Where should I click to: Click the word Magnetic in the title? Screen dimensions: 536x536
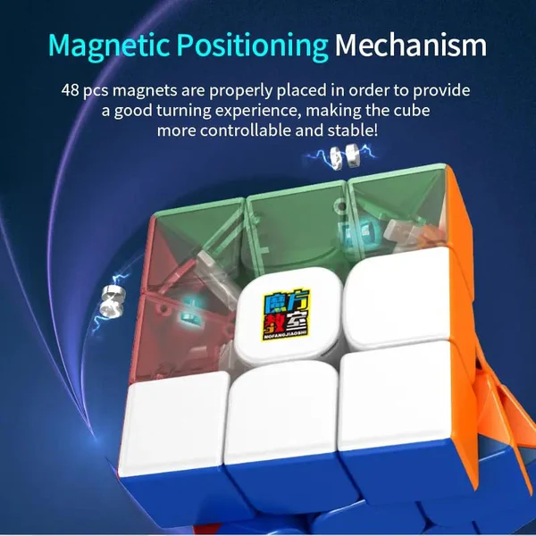(x=113, y=45)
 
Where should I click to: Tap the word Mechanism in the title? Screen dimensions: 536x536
(x=412, y=45)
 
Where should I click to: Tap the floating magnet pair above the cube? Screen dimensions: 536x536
(x=337, y=157)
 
